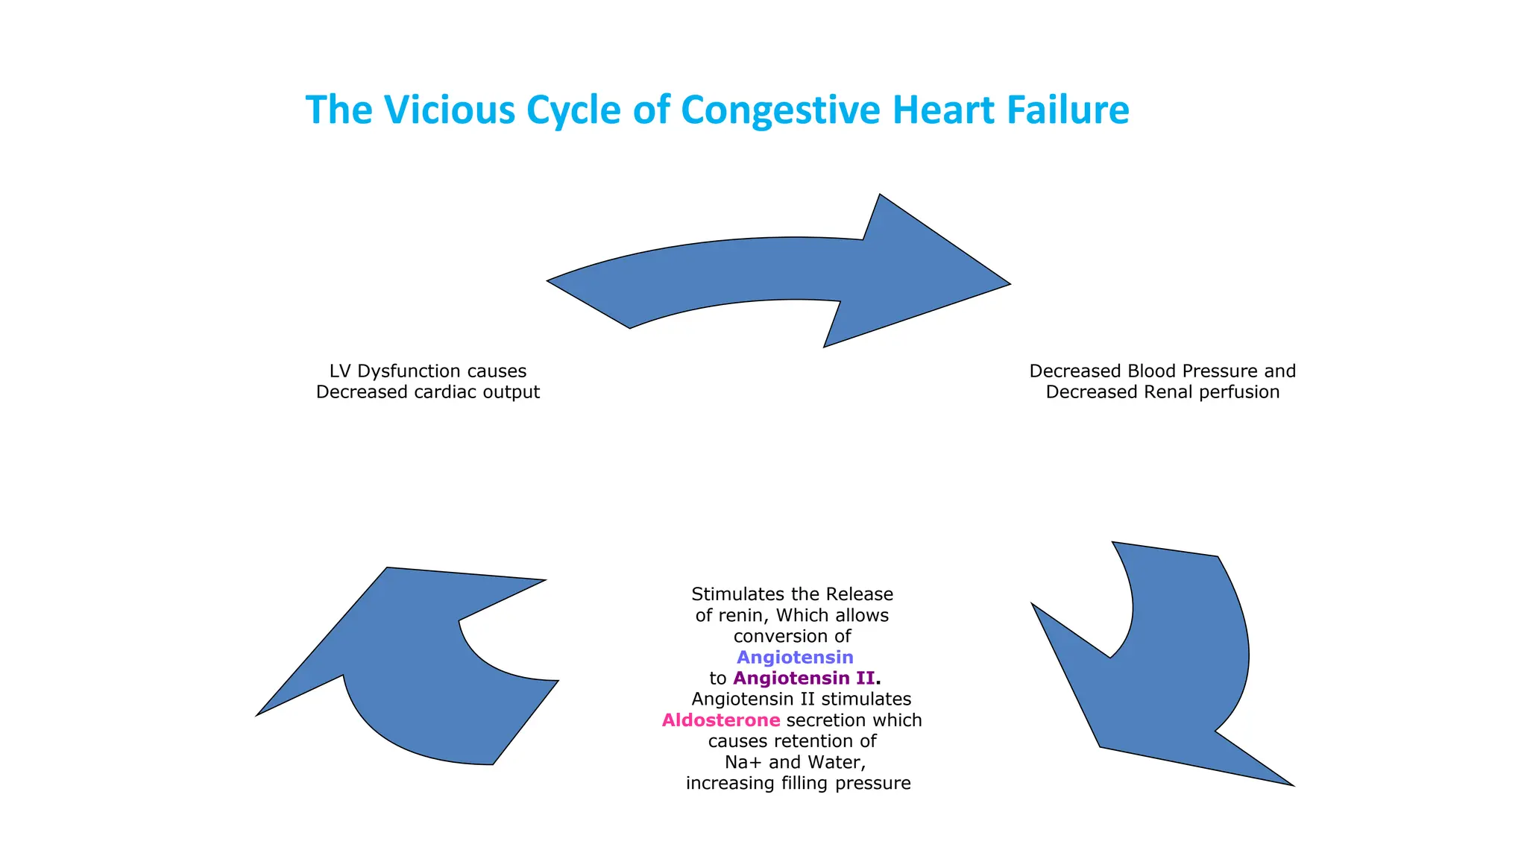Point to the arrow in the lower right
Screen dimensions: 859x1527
(x=1171, y=671)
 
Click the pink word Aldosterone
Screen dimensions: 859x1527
(x=721, y=720)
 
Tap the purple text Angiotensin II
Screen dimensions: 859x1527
(x=804, y=679)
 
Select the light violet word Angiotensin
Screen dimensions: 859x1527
(x=795, y=658)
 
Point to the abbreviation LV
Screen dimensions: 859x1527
(x=341, y=371)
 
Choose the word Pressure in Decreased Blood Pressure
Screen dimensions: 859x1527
(x=1206, y=371)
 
